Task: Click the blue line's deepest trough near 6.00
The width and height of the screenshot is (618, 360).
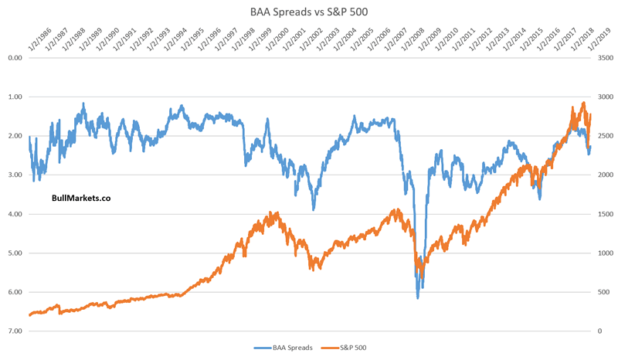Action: tap(418, 297)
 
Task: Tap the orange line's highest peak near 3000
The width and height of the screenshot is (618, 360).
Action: tap(583, 102)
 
